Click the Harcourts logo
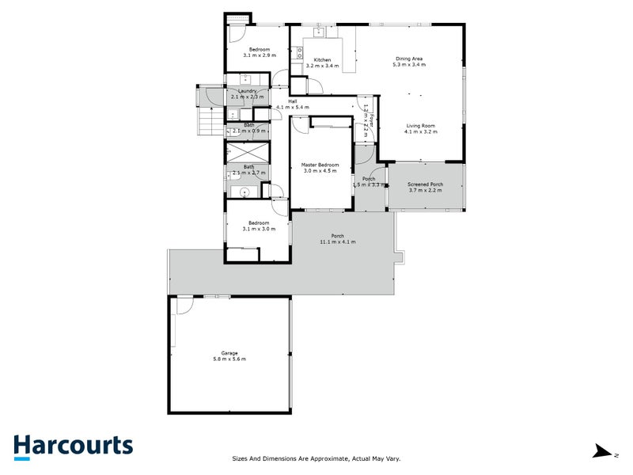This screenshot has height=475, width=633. tap(73, 446)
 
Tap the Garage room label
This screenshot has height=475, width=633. tap(229, 353)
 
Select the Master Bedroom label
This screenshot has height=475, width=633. tap(320, 165)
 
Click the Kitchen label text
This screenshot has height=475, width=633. tap(322, 60)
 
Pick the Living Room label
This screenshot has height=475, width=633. tap(421, 126)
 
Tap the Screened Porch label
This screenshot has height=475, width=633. tap(426, 184)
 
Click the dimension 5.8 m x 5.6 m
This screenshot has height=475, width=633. tap(229, 359)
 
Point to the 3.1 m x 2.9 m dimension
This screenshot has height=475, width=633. tap(260, 55)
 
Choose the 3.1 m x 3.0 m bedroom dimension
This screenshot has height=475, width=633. tap(260, 229)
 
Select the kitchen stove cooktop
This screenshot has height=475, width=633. tap(300, 53)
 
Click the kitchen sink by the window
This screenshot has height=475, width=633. tap(320, 32)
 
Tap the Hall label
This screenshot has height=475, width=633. tap(292, 101)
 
